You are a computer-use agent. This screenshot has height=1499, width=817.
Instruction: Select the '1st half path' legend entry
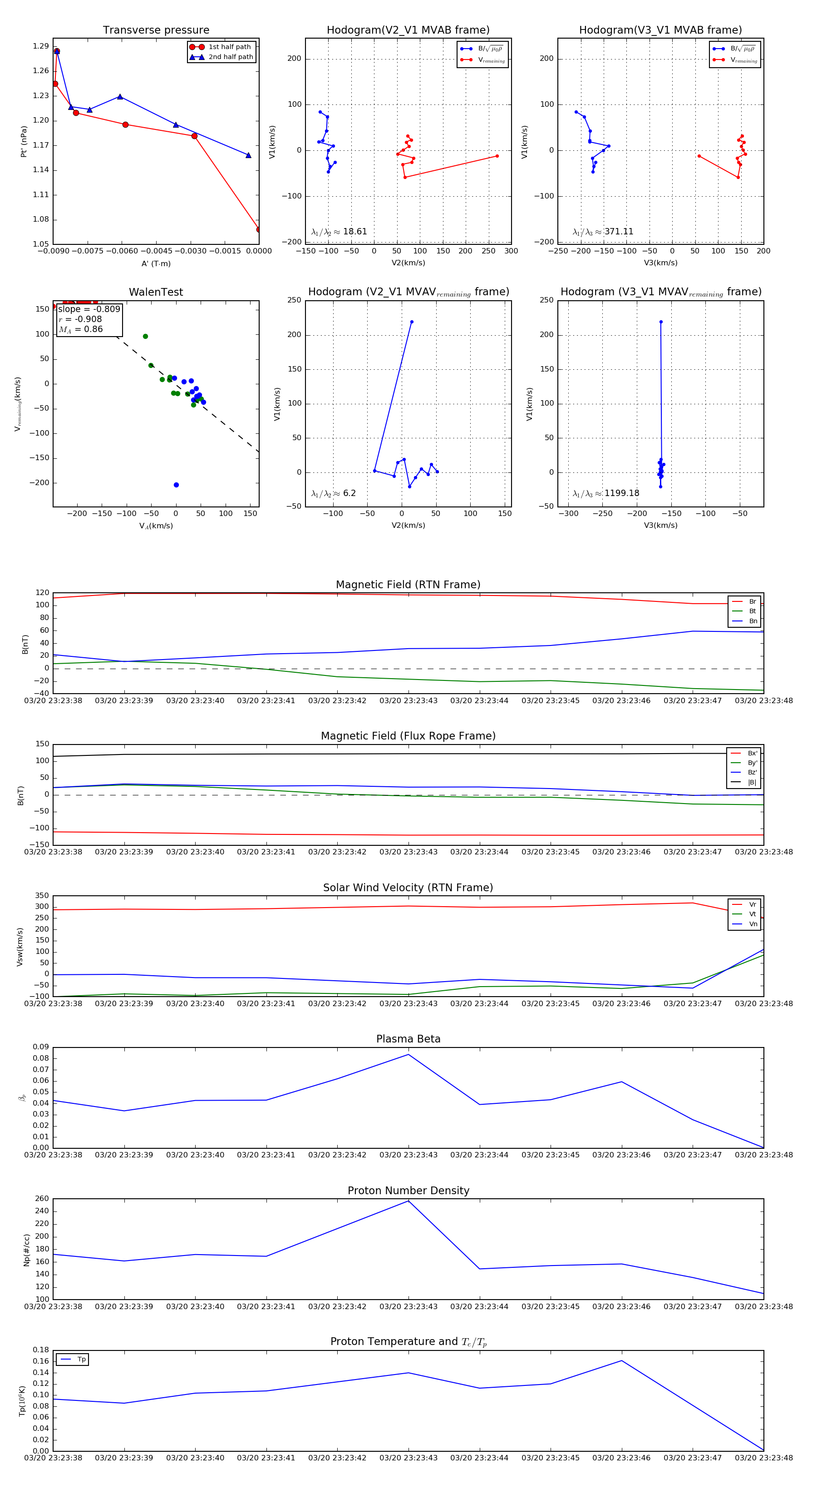pos(229,46)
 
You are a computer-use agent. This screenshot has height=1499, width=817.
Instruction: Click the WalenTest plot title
pos(156,292)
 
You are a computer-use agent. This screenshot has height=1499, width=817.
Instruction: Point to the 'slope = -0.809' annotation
pos(89,309)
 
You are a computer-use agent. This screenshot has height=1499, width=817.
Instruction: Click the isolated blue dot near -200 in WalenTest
pos(176,485)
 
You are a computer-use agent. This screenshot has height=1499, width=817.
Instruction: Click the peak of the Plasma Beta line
pos(408,1054)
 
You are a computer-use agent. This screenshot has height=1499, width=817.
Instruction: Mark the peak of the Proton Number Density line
pos(408,1201)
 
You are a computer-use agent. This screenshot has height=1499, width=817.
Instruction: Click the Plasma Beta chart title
pos(408,1039)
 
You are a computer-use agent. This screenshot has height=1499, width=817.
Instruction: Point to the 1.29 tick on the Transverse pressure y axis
pos(41,46)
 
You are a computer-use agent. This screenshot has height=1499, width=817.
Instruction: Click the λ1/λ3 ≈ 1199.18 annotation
pos(606,493)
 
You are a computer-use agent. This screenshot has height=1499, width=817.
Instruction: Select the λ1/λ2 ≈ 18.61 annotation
pos(339,232)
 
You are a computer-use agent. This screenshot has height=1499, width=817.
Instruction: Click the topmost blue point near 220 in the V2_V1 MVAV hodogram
pos(412,322)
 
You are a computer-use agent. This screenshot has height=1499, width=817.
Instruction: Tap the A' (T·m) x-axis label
pos(156,263)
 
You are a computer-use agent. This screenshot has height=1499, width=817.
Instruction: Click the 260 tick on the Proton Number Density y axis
pos(42,1198)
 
